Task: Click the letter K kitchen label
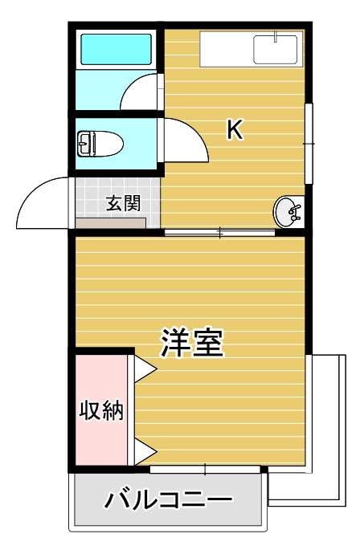point(234,130)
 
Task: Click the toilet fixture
point(100,145)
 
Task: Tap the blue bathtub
point(117,50)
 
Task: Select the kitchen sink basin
point(275,49)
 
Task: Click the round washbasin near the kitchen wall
point(287,212)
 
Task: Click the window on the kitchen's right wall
point(309,143)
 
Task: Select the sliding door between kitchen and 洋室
point(219,233)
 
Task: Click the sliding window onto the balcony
point(205,469)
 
